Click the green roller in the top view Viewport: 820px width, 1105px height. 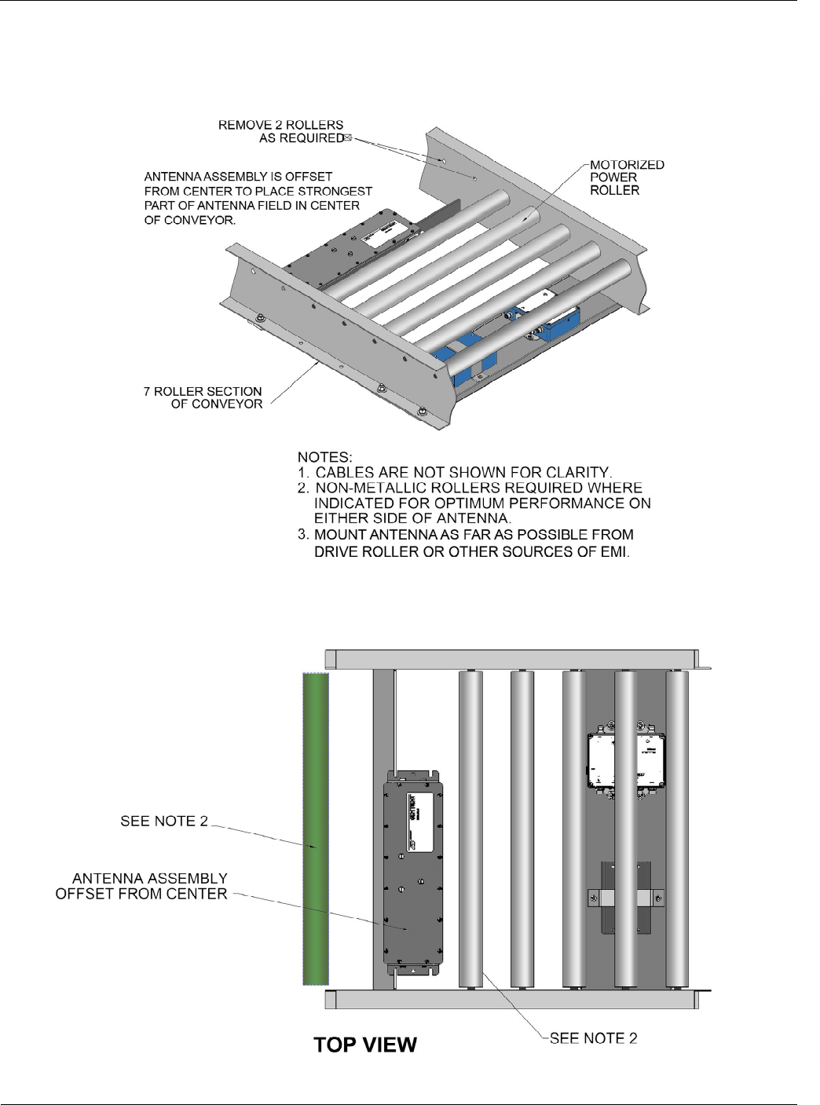pyautogui.click(x=316, y=829)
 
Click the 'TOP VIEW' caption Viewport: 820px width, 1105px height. pyautogui.click(x=365, y=1045)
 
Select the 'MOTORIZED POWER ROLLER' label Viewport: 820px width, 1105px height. pyautogui.click(x=627, y=177)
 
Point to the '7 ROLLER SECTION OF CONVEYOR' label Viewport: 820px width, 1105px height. pyautogui.click(x=203, y=397)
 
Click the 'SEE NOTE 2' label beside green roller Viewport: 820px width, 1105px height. pyautogui.click(x=164, y=821)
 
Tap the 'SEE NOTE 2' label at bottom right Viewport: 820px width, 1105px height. pyautogui.click(x=593, y=1038)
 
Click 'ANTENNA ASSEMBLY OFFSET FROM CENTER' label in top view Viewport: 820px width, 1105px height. pyautogui.click(x=141, y=886)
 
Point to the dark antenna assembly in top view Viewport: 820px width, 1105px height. pyautogui.click(x=413, y=872)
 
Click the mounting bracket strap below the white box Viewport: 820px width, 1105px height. pyautogui.click(x=626, y=895)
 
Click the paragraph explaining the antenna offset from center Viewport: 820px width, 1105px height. pyautogui.click(x=258, y=198)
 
